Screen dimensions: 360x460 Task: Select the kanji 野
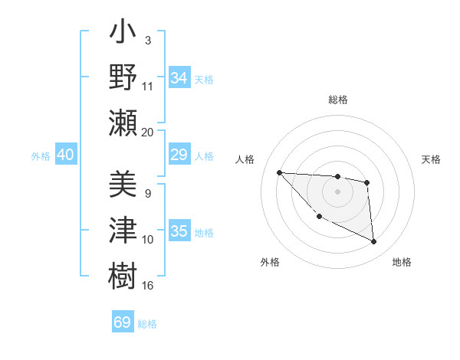pos(123,78)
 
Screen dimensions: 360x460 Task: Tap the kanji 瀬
pos(123,122)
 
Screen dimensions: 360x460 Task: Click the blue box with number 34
pos(179,78)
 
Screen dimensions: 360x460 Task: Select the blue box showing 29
pos(179,155)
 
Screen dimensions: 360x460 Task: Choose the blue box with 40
pos(65,155)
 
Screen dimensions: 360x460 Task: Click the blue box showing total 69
pos(123,322)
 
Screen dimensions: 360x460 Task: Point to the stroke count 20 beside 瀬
pos(148,132)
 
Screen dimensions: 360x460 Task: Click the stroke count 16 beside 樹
pos(148,285)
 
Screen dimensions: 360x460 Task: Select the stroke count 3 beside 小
pos(147,40)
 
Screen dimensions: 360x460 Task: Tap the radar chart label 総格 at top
pos(337,100)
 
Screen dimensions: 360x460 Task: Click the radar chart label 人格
pos(246,159)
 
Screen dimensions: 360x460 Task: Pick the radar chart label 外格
pos(270,262)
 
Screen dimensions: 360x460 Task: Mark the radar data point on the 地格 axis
pos(374,242)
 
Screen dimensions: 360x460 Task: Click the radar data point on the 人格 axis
pos(279,172)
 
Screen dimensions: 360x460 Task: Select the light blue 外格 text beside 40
pos(41,156)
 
